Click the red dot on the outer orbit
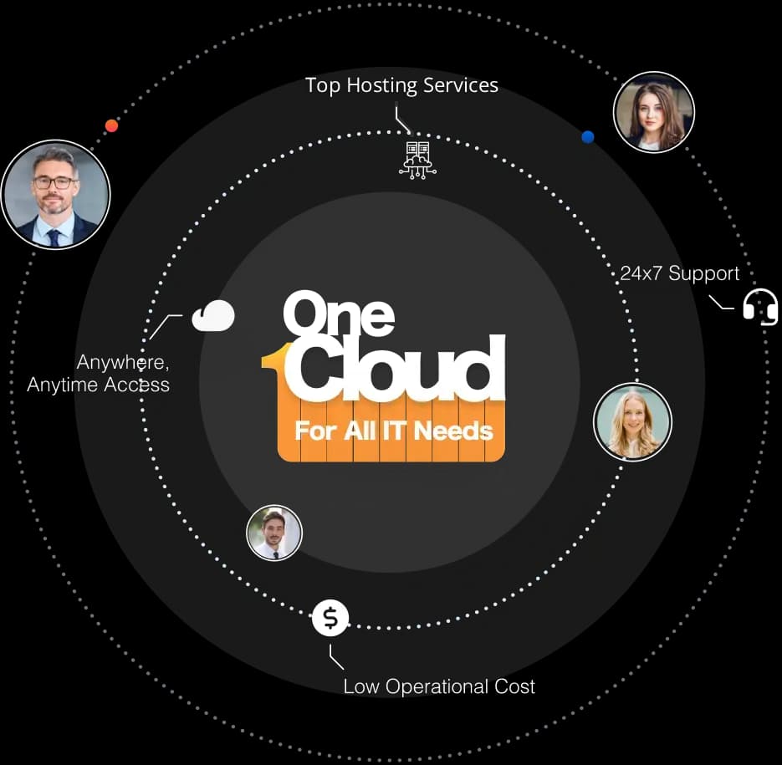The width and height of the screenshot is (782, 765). pyautogui.click(x=111, y=125)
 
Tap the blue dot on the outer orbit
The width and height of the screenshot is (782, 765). pyautogui.click(x=588, y=136)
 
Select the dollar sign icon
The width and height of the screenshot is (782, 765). pyautogui.click(x=330, y=619)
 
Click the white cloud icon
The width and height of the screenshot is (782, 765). pyautogui.click(x=213, y=316)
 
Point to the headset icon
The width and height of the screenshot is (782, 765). pyautogui.click(x=760, y=307)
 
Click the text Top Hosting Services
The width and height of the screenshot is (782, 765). pyautogui.click(x=401, y=85)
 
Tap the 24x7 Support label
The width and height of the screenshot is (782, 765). pyautogui.click(x=679, y=273)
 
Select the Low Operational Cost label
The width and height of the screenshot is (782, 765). pyautogui.click(x=439, y=686)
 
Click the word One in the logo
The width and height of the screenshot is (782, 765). pyautogui.click(x=338, y=314)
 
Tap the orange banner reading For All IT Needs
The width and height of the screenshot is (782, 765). pyautogui.click(x=392, y=431)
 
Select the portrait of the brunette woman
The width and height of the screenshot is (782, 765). pyautogui.click(x=654, y=112)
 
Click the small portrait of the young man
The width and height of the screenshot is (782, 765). pyautogui.click(x=274, y=533)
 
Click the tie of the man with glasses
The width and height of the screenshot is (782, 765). pyautogui.click(x=54, y=237)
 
